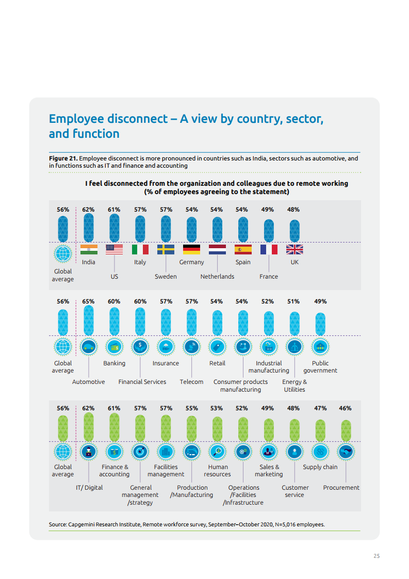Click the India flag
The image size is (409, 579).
89,250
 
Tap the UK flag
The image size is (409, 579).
295,250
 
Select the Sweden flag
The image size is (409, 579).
166,250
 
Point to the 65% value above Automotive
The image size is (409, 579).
88,301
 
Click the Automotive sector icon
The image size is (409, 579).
89,347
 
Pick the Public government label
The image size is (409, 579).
320,367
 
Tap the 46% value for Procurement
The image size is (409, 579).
345,408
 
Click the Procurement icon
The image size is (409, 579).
346,452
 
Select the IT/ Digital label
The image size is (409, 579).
89,488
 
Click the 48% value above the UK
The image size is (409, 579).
293,210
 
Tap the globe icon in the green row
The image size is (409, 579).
63,452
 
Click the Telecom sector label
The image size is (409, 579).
191,382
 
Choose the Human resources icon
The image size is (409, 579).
218,452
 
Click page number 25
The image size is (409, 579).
377,556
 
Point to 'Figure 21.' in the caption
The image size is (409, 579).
63,158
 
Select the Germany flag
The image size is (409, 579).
191,250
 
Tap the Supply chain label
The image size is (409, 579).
320,467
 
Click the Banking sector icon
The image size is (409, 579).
114,347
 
